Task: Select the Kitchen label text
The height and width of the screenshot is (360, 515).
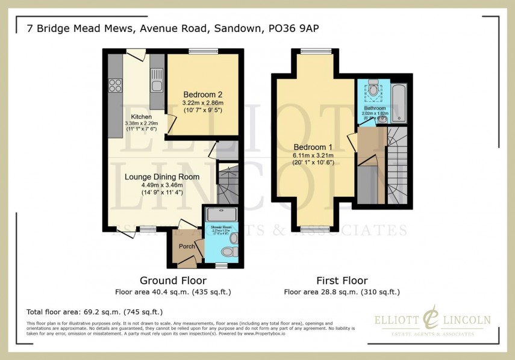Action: (142, 117)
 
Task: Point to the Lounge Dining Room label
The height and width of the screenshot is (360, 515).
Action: (161, 177)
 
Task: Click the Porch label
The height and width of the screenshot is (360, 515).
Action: (187, 246)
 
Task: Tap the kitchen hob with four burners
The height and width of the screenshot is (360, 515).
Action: (114, 85)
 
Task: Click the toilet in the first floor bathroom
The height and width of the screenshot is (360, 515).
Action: (373, 90)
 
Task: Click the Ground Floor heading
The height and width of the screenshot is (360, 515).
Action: (173, 281)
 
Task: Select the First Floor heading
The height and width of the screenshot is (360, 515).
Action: (342, 281)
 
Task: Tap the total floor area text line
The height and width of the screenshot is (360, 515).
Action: (95, 312)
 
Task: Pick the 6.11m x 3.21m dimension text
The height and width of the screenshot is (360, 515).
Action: (313, 155)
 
